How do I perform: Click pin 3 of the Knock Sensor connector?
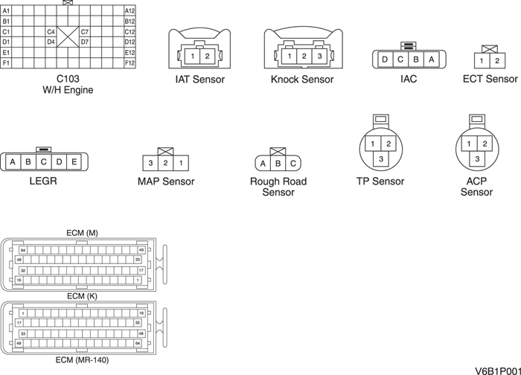[x=319, y=56]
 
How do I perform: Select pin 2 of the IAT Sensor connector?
[x=208, y=56]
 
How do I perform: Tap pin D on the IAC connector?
[x=384, y=60]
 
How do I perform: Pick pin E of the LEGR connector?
[x=74, y=161]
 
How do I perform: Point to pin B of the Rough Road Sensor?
[x=278, y=163]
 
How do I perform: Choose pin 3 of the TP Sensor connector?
[x=380, y=158]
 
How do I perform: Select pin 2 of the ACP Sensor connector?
[x=485, y=144]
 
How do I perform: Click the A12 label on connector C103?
[x=130, y=10]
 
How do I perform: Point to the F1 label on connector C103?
[x=6, y=63]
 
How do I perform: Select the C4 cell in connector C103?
[x=51, y=32]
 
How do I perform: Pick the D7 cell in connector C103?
[x=85, y=42]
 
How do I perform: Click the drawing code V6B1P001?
[x=496, y=368]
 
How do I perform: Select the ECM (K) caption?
[x=82, y=295]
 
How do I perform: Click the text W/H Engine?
[x=68, y=89]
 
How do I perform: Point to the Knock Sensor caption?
[x=302, y=80]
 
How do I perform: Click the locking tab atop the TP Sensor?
[x=380, y=119]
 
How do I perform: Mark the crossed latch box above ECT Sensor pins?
[x=490, y=49]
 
